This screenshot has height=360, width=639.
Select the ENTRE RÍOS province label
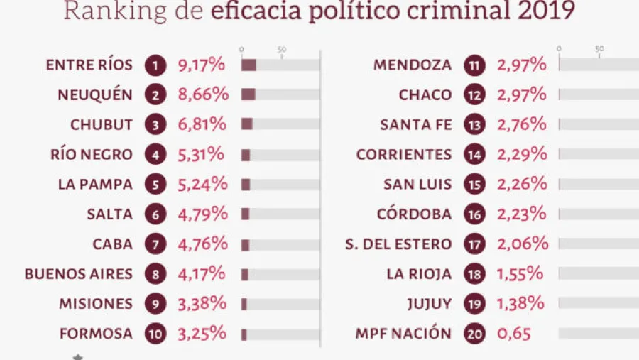click(89, 65)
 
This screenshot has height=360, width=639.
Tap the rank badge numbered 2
click(155, 95)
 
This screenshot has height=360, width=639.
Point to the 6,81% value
click(202, 124)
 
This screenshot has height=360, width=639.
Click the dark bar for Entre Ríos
click(248, 65)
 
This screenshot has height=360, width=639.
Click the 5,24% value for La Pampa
click(202, 184)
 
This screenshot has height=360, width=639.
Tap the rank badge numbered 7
click(155, 244)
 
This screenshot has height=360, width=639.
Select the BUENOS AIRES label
click(78, 273)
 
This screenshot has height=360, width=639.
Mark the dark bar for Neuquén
click(248, 94)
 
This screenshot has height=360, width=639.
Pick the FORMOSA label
click(97, 333)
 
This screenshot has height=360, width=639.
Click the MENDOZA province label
click(412, 65)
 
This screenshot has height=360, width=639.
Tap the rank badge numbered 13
click(474, 125)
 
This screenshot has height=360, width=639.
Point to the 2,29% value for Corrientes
click(522, 154)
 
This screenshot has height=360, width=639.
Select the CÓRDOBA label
click(415, 214)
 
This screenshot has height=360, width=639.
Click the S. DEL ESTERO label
click(398, 244)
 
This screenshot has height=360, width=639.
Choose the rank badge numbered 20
click(474, 333)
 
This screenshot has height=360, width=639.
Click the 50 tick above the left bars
click(282, 49)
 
